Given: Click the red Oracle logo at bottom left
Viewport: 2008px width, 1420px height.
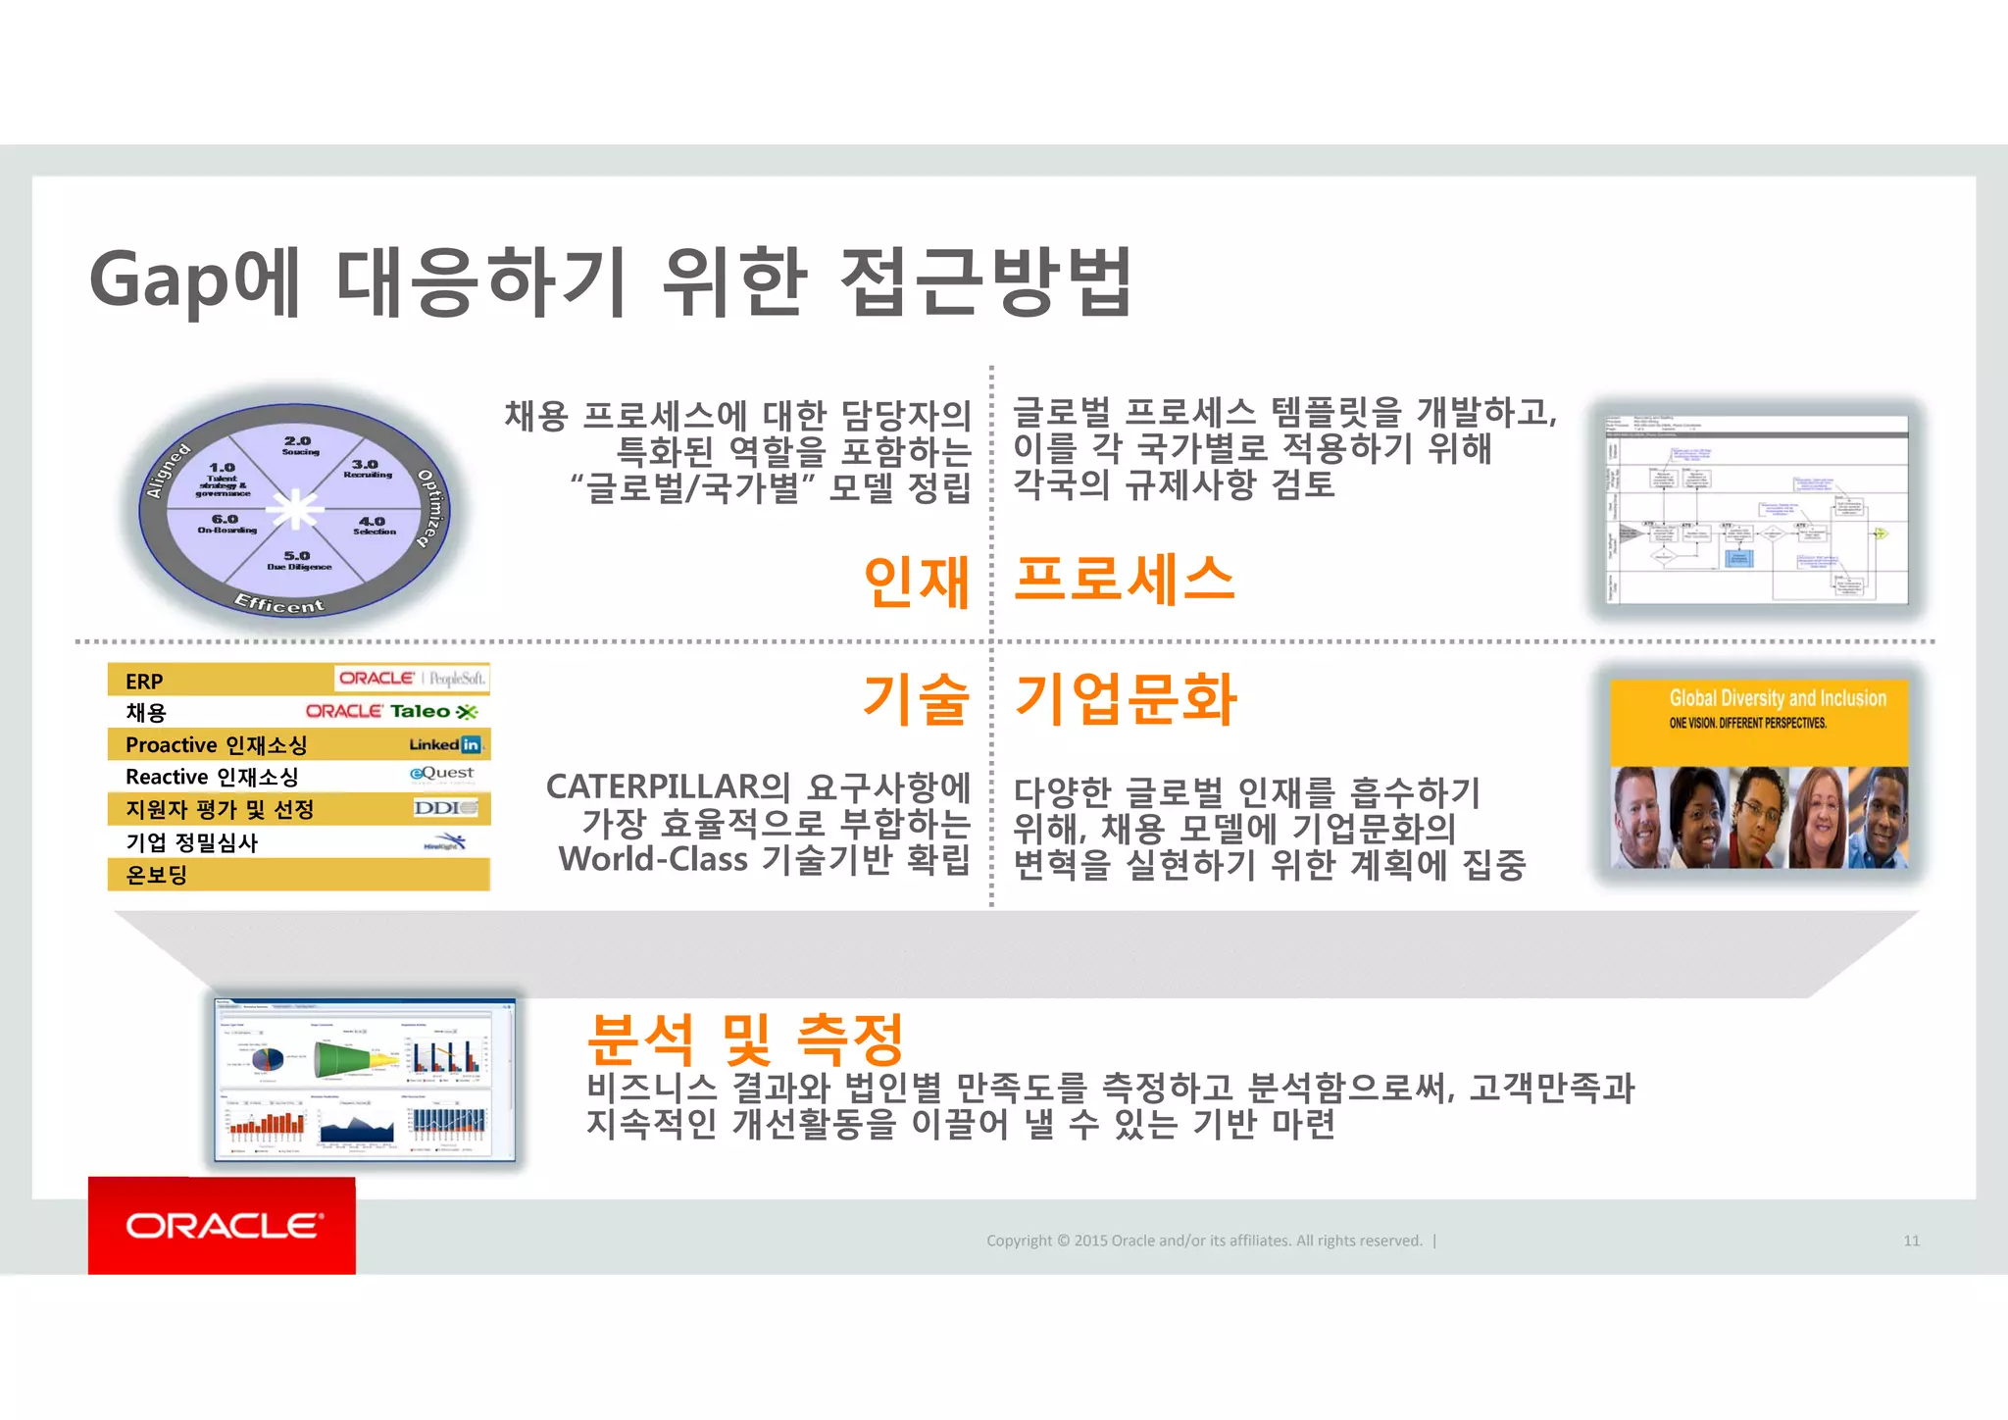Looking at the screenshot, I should [222, 1226].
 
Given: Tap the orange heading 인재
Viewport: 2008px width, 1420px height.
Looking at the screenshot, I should [916, 582].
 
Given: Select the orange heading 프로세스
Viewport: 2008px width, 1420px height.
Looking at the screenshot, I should [1124, 579].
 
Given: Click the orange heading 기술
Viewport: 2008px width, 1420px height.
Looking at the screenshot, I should [916, 699].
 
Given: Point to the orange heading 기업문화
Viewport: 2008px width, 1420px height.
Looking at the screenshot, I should [1126, 699].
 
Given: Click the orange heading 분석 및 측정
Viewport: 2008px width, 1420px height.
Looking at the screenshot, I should [744, 1039].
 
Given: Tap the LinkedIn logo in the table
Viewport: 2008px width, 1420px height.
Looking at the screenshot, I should [445, 744].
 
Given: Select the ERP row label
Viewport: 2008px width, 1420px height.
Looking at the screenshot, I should [144, 682].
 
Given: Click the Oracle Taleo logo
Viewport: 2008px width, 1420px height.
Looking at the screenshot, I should [391, 712].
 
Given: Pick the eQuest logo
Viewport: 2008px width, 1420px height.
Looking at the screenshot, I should [442, 774].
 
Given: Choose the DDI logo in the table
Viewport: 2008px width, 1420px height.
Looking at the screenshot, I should [445, 808].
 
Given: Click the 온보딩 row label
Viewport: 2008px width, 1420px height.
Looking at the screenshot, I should [157, 875].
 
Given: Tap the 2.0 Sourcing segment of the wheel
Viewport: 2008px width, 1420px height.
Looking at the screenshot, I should [299, 445].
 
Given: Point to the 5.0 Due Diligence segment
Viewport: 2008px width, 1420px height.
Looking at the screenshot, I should [298, 561].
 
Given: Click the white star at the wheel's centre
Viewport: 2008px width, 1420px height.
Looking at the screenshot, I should [295, 510].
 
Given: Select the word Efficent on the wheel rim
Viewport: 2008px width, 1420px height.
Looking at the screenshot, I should [278, 603].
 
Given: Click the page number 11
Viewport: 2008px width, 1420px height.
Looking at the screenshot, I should [1911, 1241].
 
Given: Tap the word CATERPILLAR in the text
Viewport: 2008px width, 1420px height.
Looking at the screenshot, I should [653, 786].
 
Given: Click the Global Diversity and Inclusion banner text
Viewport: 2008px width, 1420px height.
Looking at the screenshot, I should [1777, 698].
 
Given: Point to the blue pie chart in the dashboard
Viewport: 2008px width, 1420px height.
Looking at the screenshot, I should [263, 1058].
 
